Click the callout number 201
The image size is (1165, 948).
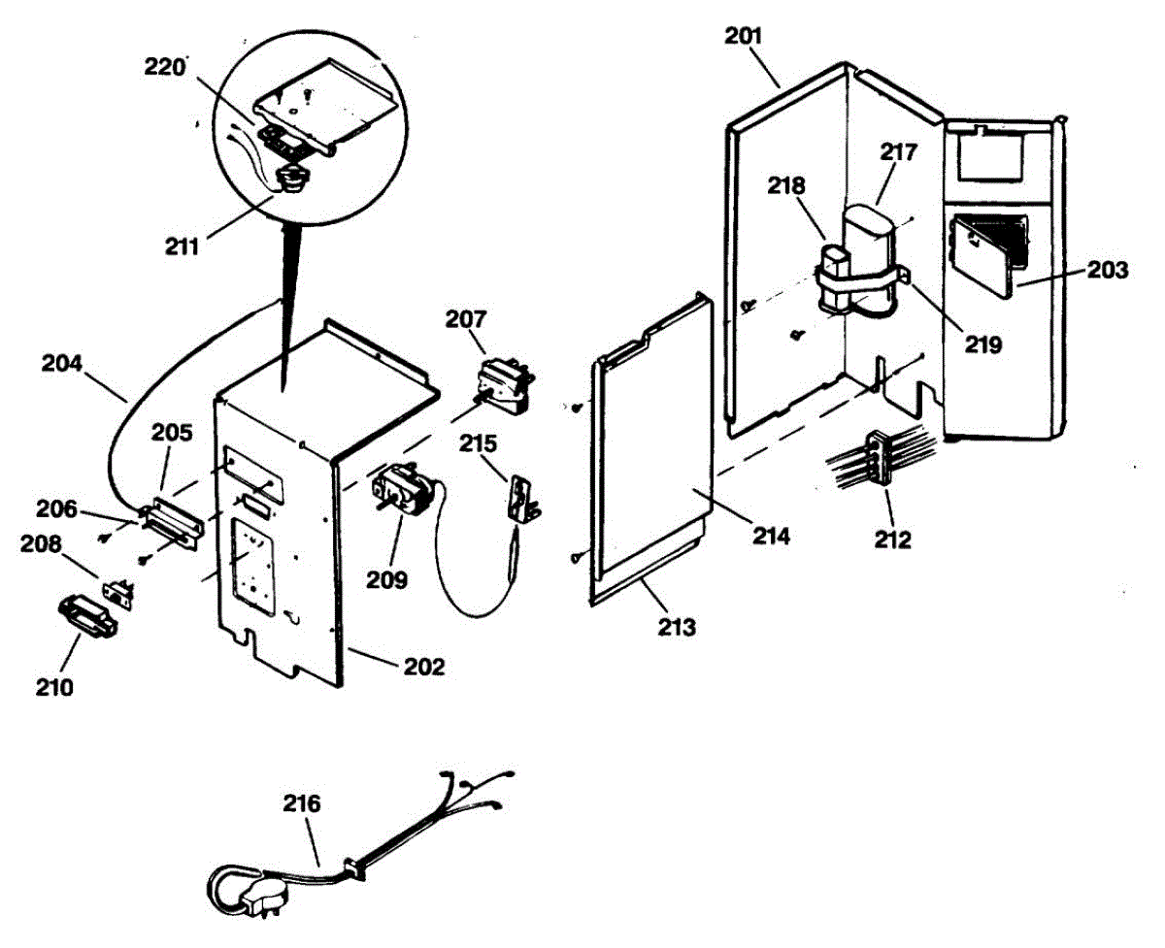click(x=744, y=37)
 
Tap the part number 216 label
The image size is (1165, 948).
click(x=302, y=804)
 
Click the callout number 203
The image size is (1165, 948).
click(x=1108, y=271)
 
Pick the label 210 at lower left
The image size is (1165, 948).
click(x=55, y=688)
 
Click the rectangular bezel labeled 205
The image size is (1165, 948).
click(x=174, y=516)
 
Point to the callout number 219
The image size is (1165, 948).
click(x=982, y=343)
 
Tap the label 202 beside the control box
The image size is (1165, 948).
click(x=424, y=667)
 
